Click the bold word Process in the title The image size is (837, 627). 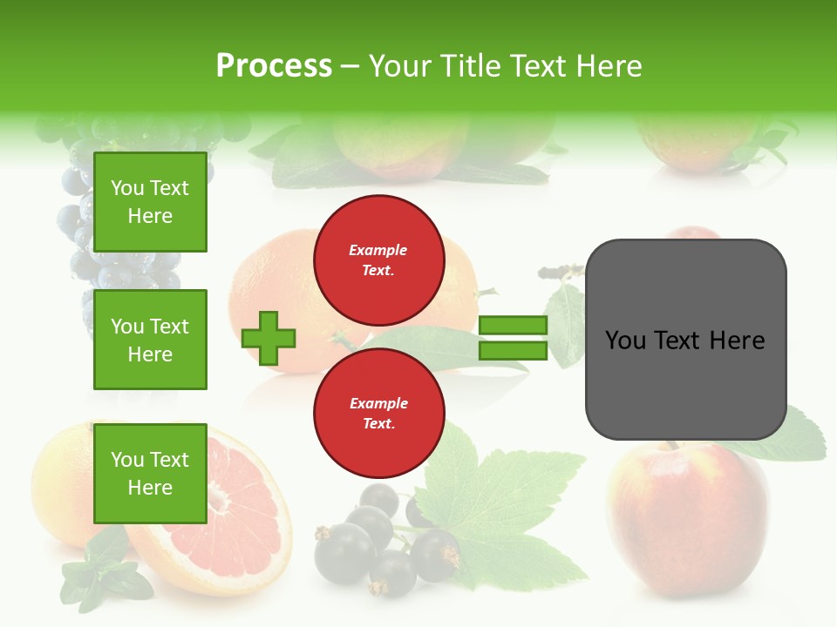[x=274, y=66]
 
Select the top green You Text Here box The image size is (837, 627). [x=150, y=202]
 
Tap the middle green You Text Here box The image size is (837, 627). [x=150, y=340]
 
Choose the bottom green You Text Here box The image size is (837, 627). [x=150, y=473]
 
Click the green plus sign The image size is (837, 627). [x=269, y=338]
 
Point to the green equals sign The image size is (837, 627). [x=513, y=338]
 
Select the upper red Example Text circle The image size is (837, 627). [x=378, y=260]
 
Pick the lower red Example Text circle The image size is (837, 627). [x=378, y=414]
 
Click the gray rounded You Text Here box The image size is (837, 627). [x=685, y=340]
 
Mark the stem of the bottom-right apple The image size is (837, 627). [x=670, y=446]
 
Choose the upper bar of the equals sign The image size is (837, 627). [x=513, y=326]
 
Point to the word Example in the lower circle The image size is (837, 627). [x=378, y=403]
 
